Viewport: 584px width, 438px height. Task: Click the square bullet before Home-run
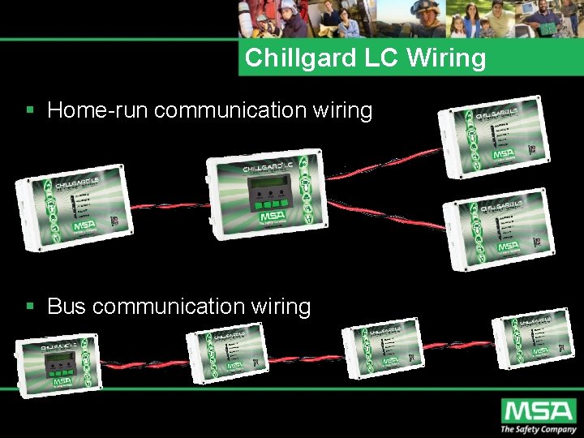click(30, 109)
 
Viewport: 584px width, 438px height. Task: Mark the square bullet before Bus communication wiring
click(30, 306)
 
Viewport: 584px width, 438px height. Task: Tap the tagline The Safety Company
click(538, 429)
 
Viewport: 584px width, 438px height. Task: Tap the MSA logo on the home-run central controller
click(273, 217)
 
